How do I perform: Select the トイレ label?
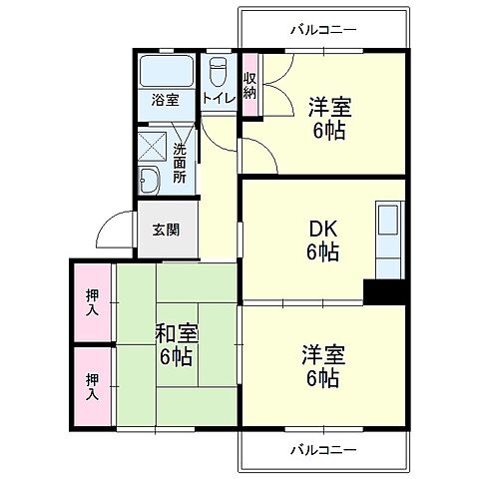point(218,98)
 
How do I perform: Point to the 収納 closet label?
point(249,86)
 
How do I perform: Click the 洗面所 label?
point(180,163)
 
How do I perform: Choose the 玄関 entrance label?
point(166,230)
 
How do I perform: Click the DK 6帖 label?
point(321,240)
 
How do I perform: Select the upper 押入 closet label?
point(92,302)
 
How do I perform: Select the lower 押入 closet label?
point(92,385)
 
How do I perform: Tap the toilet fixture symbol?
point(219,72)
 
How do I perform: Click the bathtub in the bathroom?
point(168,72)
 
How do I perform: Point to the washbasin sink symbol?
point(150,182)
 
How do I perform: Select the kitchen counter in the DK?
point(388,239)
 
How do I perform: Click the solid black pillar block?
point(385,290)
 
